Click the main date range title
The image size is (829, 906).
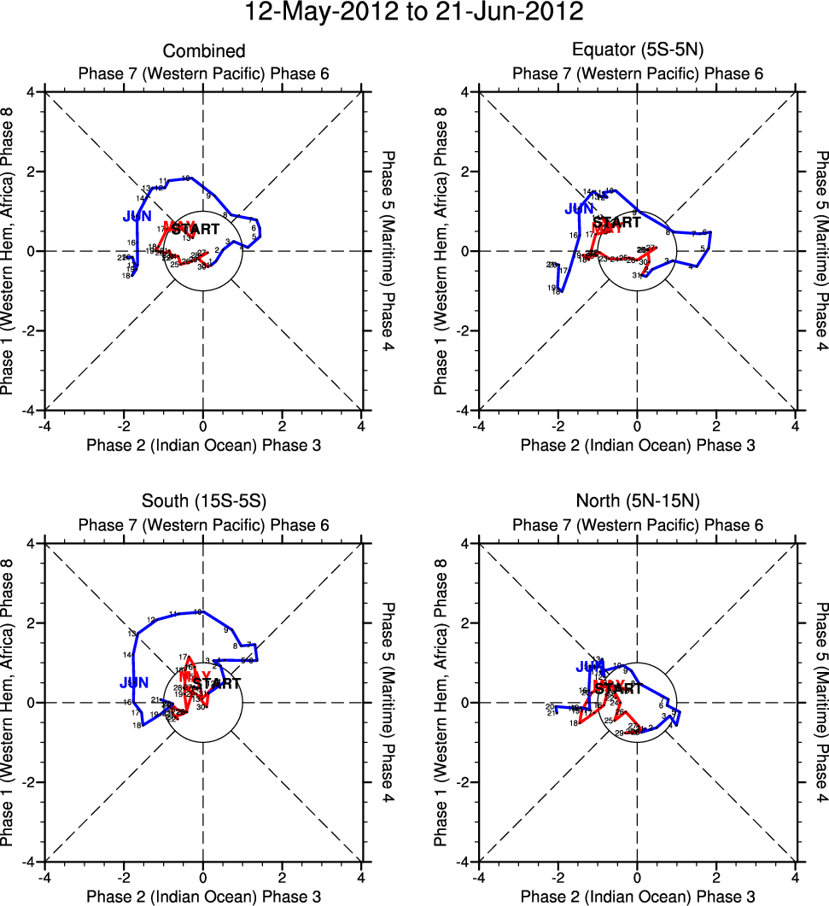tap(414, 13)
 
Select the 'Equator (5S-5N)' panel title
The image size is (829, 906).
tap(638, 52)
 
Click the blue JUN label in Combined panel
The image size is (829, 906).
tap(137, 217)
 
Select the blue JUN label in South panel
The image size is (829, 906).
tap(134, 683)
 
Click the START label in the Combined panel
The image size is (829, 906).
tap(196, 230)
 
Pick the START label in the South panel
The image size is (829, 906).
tap(217, 684)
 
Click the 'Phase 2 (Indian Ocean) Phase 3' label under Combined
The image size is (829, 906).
tap(203, 446)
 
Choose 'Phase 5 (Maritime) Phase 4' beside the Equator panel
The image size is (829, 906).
tap(820, 251)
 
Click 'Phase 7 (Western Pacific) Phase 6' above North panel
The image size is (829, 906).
tap(638, 526)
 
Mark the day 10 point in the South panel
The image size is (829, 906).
tap(198, 612)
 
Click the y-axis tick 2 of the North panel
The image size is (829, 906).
tap(467, 623)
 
